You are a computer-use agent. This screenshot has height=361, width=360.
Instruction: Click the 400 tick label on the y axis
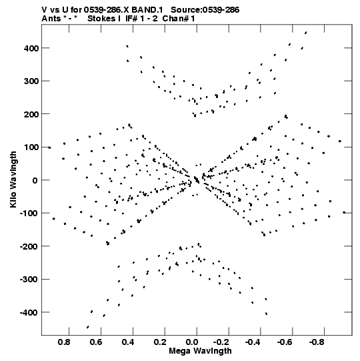click(31, 49)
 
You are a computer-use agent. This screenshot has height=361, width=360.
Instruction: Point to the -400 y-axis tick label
click(29, 313)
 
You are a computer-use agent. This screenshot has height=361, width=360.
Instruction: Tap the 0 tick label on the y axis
click(35, 181)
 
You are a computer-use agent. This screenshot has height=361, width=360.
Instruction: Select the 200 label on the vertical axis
click(31, 115)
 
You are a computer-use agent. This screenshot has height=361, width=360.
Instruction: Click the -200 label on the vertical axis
click(29, 247)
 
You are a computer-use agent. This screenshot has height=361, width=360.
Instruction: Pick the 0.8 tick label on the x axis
click(64, 342)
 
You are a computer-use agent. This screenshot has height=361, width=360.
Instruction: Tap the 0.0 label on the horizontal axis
click(192, 342)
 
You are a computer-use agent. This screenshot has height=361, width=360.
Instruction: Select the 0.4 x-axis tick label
click(128, 342)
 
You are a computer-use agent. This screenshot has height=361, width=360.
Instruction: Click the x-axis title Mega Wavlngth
click(200, 351)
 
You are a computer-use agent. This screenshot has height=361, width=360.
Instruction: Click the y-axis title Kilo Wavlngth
click(13, 179)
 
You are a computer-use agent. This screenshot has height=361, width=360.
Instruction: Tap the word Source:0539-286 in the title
click(205, 10)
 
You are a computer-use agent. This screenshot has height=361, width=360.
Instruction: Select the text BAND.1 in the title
click(147, 10)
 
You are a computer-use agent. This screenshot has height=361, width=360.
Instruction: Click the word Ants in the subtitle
click(51, 19)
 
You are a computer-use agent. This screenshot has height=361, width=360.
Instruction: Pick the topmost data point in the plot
click(306, 33)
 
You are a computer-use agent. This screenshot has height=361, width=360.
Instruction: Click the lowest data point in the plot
click(87, 327)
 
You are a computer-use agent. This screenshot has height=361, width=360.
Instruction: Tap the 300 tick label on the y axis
click(31, 81)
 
